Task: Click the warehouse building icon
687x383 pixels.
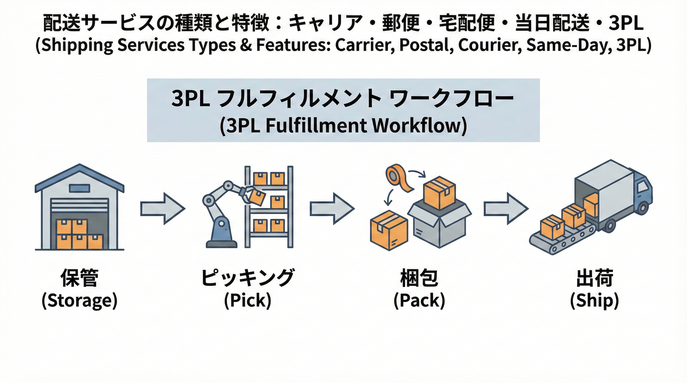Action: point(79,208)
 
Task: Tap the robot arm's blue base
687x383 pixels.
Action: point(222,234)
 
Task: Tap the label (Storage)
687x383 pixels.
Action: point(79,301)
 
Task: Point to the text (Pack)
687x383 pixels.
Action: point(419,301)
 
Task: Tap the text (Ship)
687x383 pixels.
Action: point(594,301)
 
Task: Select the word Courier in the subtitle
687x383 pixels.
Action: point(490,45)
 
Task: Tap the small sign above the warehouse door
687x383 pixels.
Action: point(79,188)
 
